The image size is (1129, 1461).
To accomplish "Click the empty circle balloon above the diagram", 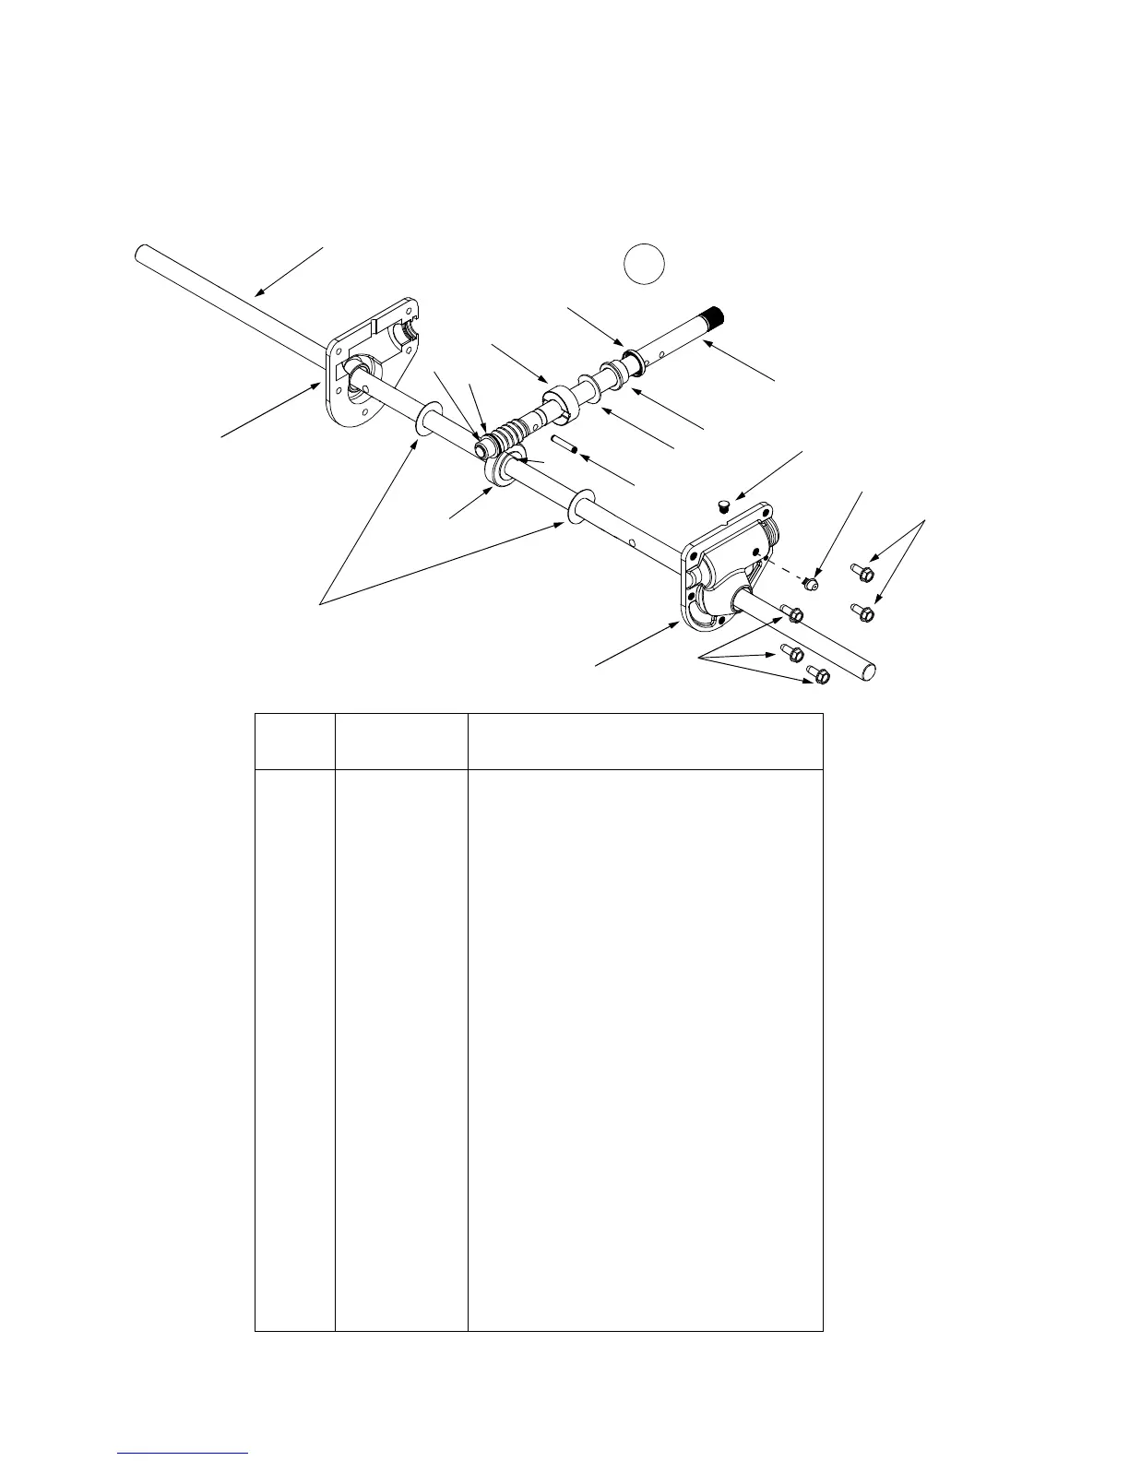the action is point(644,263).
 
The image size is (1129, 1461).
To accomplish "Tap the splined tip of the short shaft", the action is point(715,320).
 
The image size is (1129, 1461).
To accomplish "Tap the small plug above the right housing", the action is point(723,505).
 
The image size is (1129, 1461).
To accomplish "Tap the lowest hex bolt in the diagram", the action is point(818,676).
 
